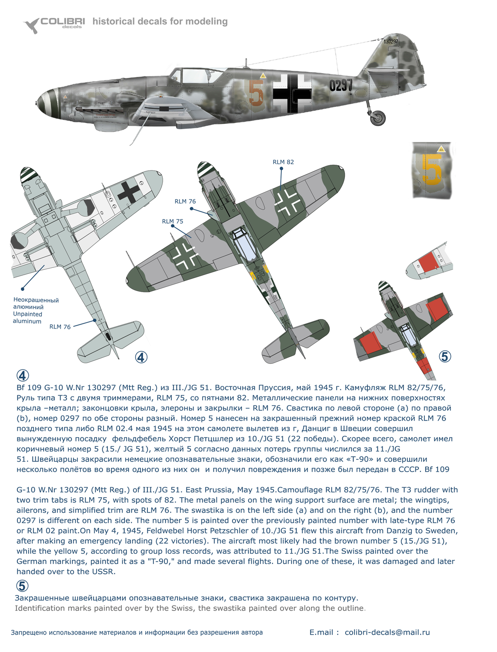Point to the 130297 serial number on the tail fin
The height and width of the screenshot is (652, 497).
point(390,42)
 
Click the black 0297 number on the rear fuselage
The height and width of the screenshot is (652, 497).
point(340,86)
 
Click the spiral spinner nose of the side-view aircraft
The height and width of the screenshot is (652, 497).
point(47,103)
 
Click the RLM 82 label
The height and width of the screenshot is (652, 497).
point(283,162)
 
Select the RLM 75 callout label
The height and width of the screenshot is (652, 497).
point(173,221)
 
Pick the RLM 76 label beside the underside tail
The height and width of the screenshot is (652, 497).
point(60,327)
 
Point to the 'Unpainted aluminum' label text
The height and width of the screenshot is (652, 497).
point(27,318)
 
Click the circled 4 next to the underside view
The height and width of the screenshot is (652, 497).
point(141,357)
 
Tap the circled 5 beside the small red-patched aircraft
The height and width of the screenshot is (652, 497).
point(444,357)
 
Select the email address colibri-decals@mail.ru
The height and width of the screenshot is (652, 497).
point(387,632)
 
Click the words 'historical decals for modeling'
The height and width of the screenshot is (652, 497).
point(160,21)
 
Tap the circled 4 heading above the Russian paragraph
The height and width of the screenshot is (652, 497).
point(23,376)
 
